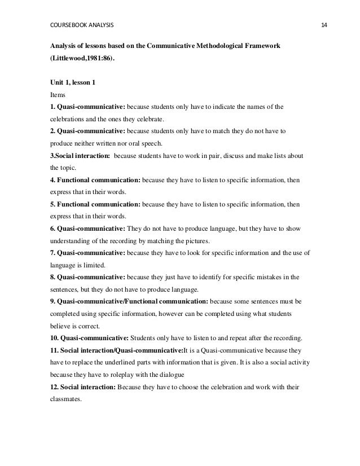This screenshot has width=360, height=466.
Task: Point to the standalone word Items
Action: point(58,95)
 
